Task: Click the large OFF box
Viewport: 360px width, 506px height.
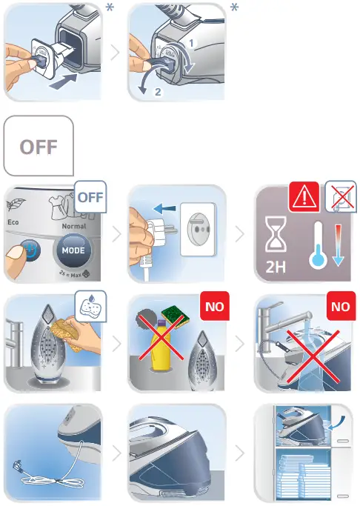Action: (39, 146)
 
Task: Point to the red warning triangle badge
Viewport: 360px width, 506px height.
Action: (304, 196)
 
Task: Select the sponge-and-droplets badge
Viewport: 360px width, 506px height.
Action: (91, 304)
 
